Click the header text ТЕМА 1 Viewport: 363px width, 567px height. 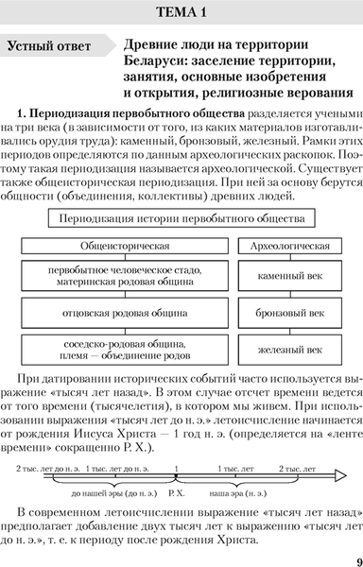pyautogui.click(x=181, y=13)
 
